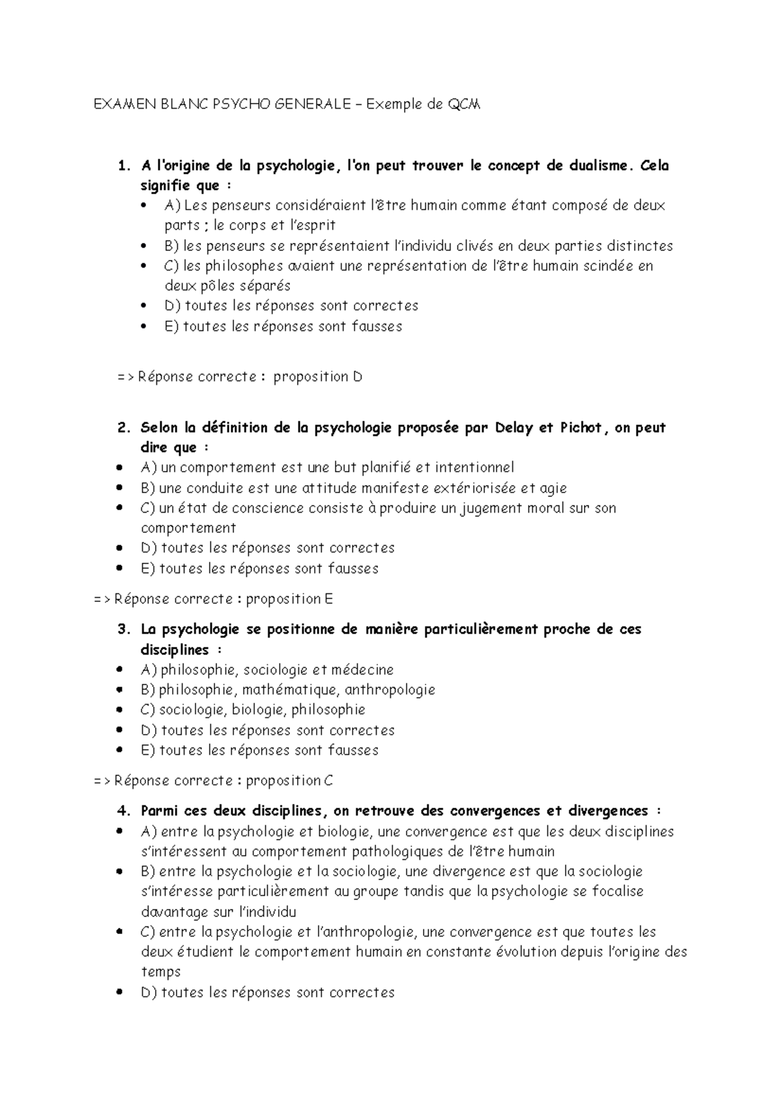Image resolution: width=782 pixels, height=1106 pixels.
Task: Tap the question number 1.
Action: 123,165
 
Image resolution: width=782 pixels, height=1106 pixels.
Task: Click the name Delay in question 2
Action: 514,428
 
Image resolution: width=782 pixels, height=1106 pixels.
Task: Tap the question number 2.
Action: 123,428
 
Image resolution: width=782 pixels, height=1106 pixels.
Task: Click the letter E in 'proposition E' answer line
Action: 328,599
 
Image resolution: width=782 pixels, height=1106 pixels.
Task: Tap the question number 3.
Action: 123,629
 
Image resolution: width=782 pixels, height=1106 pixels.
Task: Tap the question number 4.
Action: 123,811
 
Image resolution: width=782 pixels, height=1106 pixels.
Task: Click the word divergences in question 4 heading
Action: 607,811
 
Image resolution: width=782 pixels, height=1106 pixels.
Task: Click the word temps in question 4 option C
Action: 160,972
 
